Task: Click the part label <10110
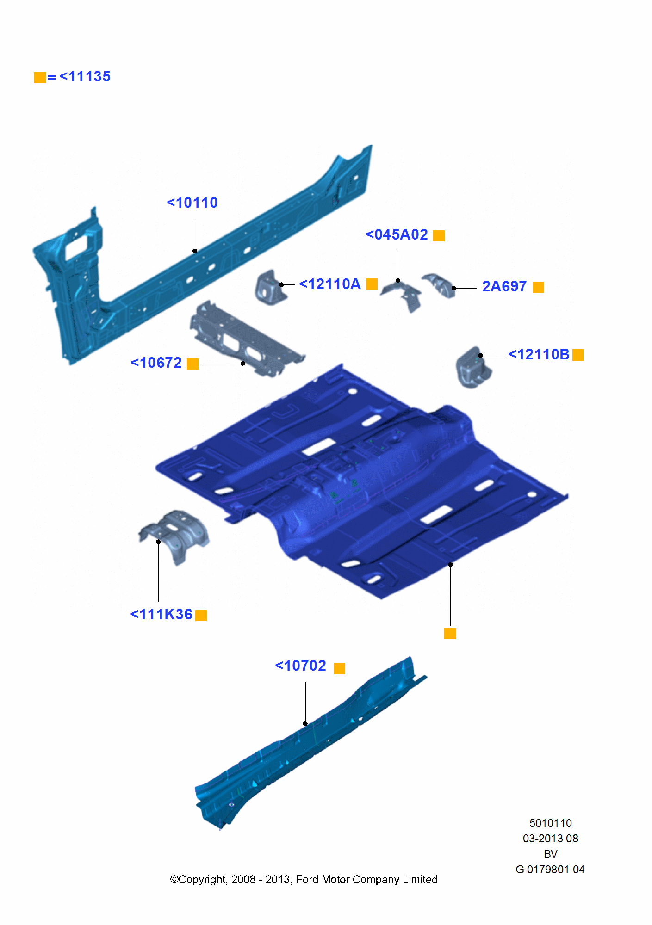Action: [x=192, y=203]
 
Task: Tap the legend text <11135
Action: [x=85, y=77]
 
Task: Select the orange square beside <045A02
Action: [x=438, y=236]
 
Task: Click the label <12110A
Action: [x=330, y=284]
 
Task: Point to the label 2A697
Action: [x=504, y=287]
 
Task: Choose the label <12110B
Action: [x=539, y=355]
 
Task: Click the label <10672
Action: [x=156, y=363]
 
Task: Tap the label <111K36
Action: [x=161, y=615]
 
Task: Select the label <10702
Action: [x=301, y=666]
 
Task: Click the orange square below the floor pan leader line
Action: [x=450, y=634]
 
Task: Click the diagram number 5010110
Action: [x=550, y=823]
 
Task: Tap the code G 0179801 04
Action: [x=550, y=869]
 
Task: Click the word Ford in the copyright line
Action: [x=307, y=880]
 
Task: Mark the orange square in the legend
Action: [x=40, y=77]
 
